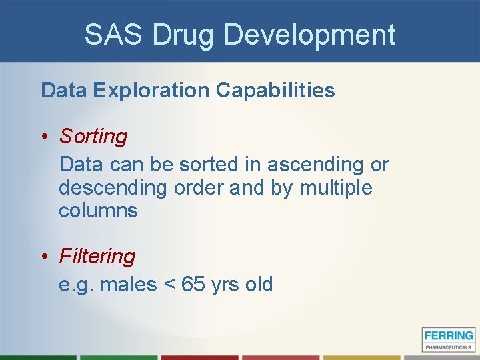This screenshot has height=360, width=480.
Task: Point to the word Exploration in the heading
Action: [x=151, y=91]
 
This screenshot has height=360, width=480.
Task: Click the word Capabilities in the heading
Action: [x=275, y=91]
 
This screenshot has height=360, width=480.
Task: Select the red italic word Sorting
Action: [x=93, y=137]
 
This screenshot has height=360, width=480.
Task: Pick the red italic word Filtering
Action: [x=97, y=256]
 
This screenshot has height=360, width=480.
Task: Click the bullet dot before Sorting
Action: [x=44, y=137]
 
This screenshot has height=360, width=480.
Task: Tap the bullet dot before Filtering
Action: [x=44, y=257]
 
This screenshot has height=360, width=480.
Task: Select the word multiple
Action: [x=336, y=188]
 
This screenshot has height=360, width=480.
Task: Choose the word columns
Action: [x=98, y=211]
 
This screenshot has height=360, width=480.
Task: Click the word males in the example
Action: [x=129, y=285]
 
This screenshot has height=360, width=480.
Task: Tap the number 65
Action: [x=193, y=285]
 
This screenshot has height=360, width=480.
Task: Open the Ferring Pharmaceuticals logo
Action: [x=448, y=339]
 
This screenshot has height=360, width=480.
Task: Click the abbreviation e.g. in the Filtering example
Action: [x=76, y=285]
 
